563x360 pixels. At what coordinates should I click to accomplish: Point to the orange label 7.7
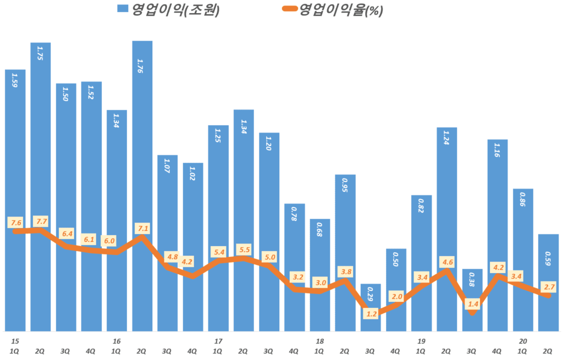[40, 222]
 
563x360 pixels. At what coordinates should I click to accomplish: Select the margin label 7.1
[142, 228]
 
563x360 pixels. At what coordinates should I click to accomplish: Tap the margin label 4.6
[447, 262]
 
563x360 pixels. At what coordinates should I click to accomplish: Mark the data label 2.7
[549, 286]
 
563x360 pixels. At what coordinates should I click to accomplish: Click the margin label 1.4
[472, 303]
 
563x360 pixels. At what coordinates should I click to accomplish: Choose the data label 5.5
[244, 250]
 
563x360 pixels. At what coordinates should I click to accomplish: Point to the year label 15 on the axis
[15, 341]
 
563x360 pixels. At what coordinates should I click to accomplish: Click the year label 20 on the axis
[523, 341]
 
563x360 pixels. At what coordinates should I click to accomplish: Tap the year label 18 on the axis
[319, 341]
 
